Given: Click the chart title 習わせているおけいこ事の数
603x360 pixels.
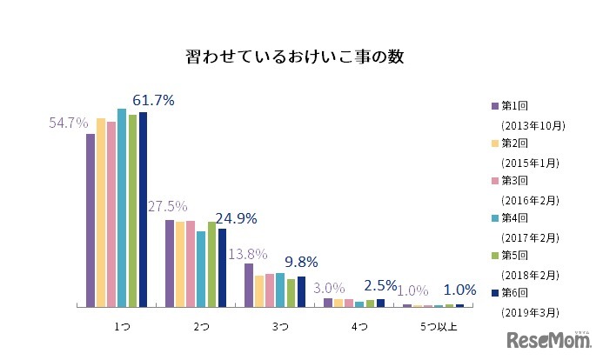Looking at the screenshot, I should point(295,57).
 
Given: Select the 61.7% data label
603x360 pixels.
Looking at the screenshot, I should point(153,101).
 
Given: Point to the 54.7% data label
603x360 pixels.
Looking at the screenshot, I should point(68,123).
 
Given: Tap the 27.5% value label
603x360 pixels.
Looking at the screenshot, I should point(167,207).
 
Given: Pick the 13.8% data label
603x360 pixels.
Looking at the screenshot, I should point(247,254).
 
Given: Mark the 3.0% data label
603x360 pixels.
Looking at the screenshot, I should point(329,288).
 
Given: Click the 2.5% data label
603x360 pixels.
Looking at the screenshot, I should point(381,285).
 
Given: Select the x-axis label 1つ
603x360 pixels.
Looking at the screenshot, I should point(123,327).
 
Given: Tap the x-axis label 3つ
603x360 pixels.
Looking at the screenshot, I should point(280,327).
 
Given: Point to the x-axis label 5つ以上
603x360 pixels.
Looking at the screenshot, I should point(438,327).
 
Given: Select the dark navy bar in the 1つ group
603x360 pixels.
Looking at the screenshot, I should point(144,209).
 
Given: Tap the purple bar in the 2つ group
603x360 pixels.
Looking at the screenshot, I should point(170,263).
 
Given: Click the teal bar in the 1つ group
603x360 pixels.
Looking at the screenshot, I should point(122,207).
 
